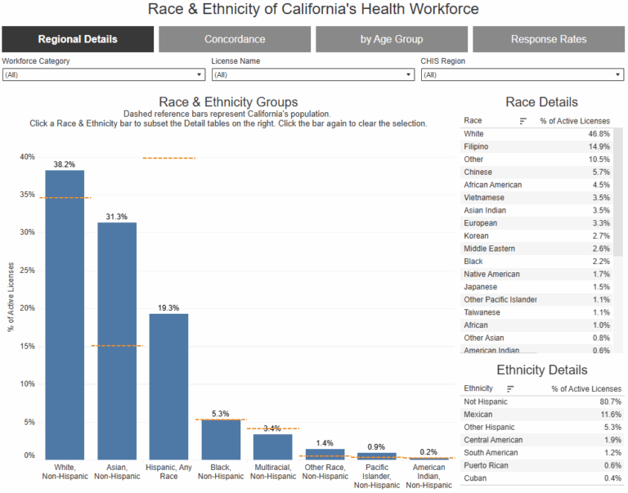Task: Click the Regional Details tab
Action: click(78, 39)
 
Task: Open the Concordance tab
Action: click(235, 39)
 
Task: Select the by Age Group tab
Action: click(392, 39)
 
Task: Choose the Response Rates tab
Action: click(549, 39)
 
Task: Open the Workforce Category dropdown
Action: click(104, 75)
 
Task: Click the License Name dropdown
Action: click(313, 75)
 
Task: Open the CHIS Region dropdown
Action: click(523, 75)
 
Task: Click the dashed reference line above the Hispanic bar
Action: click(168, 158)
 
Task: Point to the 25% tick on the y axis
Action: click(28, 271)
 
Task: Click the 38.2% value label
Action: click(65, 164)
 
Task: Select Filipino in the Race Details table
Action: click(478, 146)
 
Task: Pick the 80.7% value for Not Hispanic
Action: click(609, 401)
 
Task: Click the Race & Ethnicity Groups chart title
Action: click(228, 102)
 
